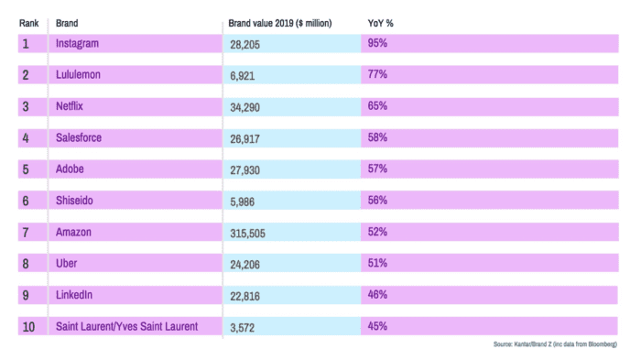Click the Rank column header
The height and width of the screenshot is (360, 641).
pyautogui.click(x=28, y=21)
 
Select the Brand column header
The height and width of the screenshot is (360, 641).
pyautogui.click(x=67, y=21)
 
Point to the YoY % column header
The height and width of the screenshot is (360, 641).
pyautogui.click(x=376, y=21)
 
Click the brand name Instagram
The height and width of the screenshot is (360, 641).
pyautogui.click(x=78, y=43)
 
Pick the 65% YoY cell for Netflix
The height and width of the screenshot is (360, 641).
pyautogui.click(x=377, y=106)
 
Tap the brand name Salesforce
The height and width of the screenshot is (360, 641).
pyautogui.click(x=80, y=137)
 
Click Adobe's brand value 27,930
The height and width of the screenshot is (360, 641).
pyautogui.click(x=248, y=169)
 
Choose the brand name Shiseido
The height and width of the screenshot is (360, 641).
pyautogui.click(x=76, y=201)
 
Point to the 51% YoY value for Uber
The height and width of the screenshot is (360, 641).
pyautogui.click(x=377, y=263)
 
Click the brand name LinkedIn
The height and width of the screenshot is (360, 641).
pyautogui.click(x=75, y=295)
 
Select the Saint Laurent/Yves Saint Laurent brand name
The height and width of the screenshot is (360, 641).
pyautogui.click(x=126, y=326)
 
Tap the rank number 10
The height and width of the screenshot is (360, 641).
pyautogui.click(x=28, y=326)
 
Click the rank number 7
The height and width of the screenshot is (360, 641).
pyautogui.click(x=26, y=232)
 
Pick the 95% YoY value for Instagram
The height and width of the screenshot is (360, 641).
pyautogui.click(x=377, y=42)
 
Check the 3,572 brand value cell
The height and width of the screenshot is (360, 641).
pyautogui.click(x=245, y=327)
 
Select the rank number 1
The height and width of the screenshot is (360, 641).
pyautogui.click(x=26, y=43)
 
